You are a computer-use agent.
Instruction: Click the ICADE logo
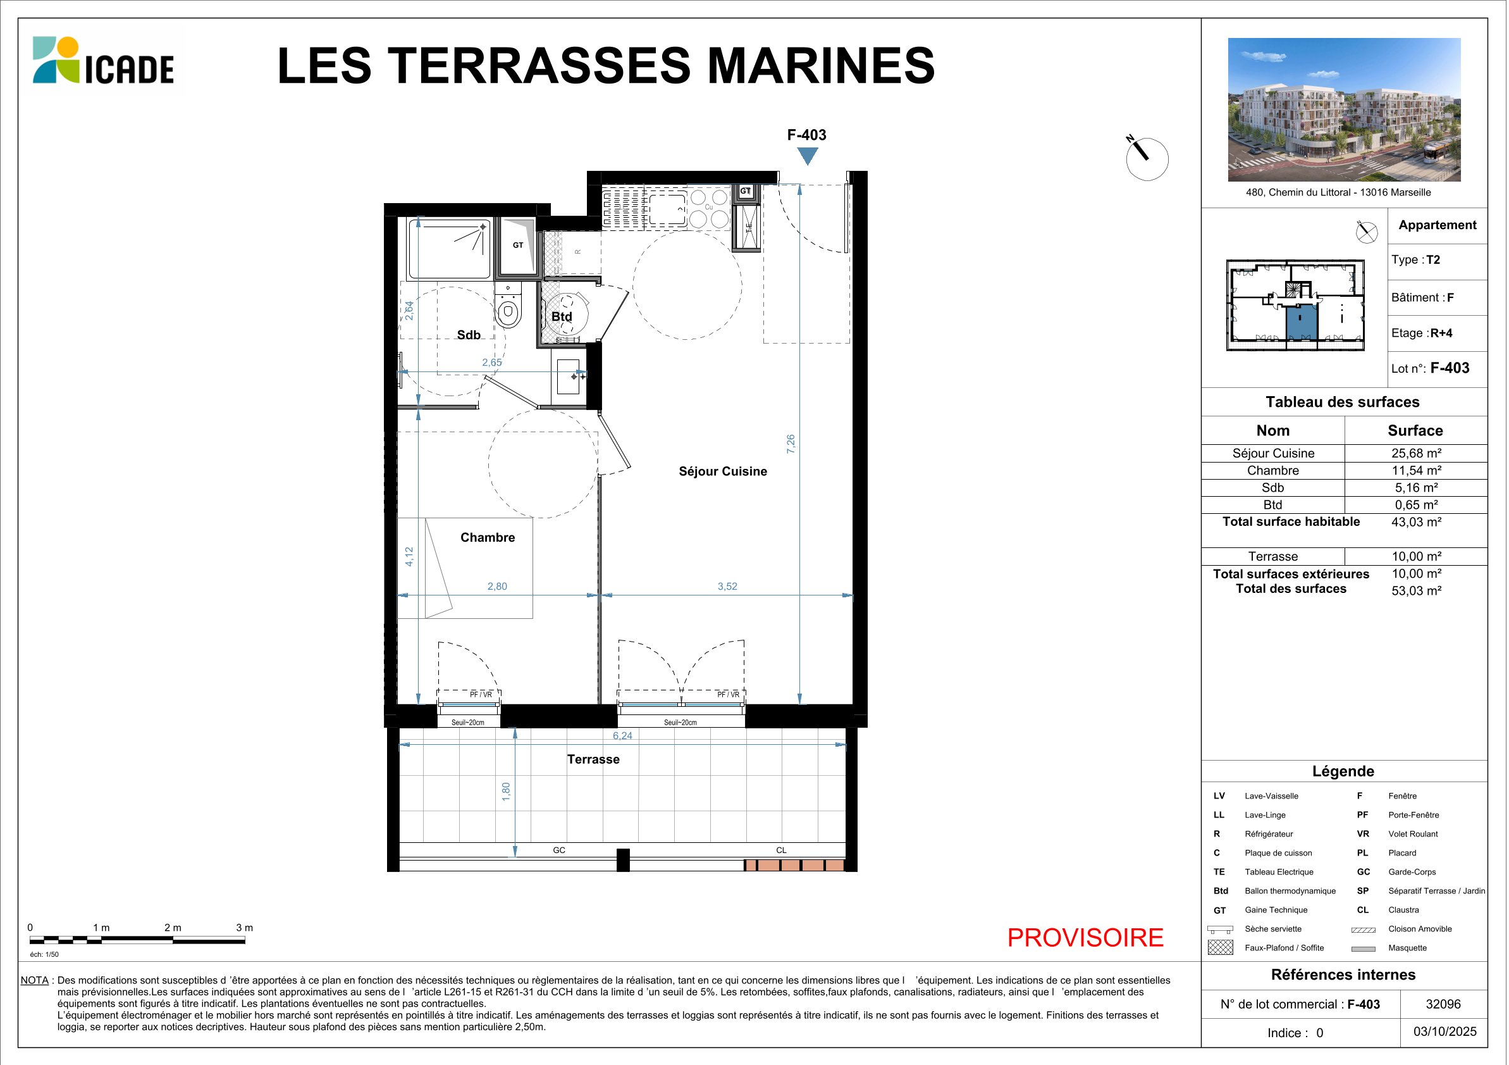click(103, 61)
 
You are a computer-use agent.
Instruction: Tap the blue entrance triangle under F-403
click(807, 155)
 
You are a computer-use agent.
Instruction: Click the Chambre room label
click(488, 537)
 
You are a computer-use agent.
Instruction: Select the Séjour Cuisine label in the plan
click(723, 471)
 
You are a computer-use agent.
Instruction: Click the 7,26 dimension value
click(791, 444)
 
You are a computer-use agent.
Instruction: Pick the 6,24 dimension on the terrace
click(622, 736)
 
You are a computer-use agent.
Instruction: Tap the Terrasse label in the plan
click(593, 759)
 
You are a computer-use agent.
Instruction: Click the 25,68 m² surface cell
click(1416, 453)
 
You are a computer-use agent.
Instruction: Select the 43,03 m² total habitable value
click(1416, 522)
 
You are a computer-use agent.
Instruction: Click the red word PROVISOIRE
click(1085, 937)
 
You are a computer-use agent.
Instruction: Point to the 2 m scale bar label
click(173, 928)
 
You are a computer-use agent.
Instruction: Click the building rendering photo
click(1344, 109)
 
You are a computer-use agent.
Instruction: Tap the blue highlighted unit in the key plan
click(1302, 322)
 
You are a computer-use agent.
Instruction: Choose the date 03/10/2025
click(1445, 1031)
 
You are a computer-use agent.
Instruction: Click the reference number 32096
click(1443, 1004)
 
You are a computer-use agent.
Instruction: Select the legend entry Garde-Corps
click(1412, 872)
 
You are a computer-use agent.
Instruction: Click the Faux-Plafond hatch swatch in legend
click(1221, 947)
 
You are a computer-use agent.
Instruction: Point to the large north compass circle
click(1147, 159)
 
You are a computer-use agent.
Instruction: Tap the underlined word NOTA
click(35, 980)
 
